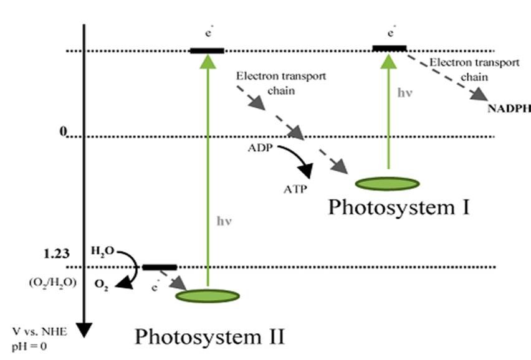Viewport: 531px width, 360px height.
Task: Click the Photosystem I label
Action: tap(398, 207)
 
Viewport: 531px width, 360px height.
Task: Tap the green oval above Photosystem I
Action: tap(386, 183)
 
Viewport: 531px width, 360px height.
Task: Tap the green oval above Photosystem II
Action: tap(207, 295)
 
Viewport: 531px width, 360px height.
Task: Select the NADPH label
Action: tap(509, 108)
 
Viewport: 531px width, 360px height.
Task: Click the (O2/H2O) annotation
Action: tap(52, 282)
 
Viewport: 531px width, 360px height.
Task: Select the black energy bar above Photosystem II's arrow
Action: tap(207, 50)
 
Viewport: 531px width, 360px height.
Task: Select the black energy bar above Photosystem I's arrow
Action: tap(389, 47)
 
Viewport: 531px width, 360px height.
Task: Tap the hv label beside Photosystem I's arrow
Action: tap(404, 93)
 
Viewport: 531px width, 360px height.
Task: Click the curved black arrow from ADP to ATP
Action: tap(300, 160)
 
